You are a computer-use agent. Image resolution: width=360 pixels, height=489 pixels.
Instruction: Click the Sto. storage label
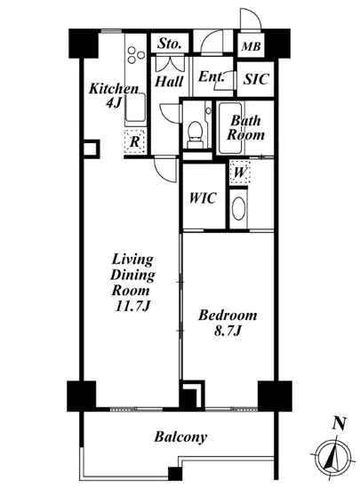(169, 44)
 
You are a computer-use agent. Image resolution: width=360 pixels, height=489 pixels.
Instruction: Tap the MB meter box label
(252, 47)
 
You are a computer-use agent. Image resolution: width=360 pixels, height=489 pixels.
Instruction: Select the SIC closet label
(256, 79)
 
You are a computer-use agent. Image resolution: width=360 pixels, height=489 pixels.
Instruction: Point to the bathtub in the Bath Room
(230, 128)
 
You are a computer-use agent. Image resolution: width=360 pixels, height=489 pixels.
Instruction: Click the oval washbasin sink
(238, 209)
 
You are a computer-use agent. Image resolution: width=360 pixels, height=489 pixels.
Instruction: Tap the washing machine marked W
(240, 172)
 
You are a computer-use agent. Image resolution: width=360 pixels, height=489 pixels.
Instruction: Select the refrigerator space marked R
(134, 142)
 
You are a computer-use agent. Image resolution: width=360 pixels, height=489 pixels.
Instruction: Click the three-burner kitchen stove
(136, 55)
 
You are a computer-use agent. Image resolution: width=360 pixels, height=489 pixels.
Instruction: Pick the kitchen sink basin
(136, 107)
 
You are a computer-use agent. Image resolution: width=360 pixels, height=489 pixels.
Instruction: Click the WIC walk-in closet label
(203, 198)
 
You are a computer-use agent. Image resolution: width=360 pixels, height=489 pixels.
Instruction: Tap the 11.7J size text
(132, 306)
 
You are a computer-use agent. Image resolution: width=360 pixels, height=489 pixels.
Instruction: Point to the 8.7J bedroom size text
(228, 332)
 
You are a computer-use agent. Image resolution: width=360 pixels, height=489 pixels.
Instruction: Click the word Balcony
(180, 437)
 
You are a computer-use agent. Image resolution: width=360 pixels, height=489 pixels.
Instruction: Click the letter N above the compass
(340, 424)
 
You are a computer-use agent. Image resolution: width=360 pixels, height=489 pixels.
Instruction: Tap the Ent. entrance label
(212, 76)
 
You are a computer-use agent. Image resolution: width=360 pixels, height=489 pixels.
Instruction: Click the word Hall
(169, 82)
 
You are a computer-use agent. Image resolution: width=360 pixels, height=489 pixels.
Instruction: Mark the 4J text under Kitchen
(114, 102)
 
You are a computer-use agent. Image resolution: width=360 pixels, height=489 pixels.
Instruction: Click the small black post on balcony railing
(175, 473)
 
